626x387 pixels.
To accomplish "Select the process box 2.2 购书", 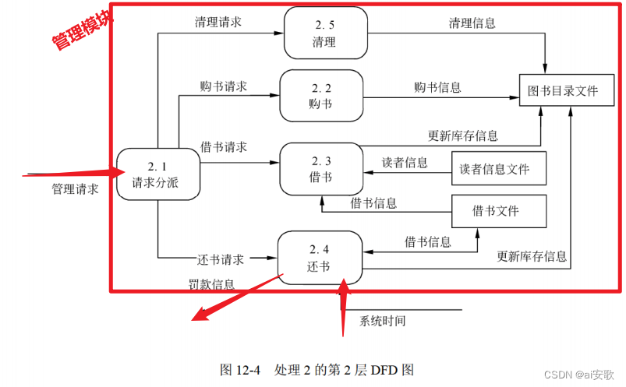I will pyautogui.click(x=321, y=95).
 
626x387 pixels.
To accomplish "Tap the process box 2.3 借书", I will pyautogui.click(x=321, y=168).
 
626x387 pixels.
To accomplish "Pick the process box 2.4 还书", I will pyautogui.click(x=320, y=257).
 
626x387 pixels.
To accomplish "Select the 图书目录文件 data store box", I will pyautogui.click(x=562, y=91).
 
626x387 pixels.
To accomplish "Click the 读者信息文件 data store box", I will pyautogui.click(x=499, y=169).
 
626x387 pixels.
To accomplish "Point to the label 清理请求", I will pyautogui.click(x=218, y=22).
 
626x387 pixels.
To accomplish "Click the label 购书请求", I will pyautogui.click(x=223, y=86).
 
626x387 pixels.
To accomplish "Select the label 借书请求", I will pyautogui.click(x=224, y=146).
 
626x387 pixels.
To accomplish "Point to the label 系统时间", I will pyautogui.click(x=382, y=320).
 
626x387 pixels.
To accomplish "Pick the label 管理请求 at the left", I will pyautogui.click(x=75, y=189).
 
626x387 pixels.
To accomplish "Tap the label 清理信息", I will pyautogui.click(x=472, y=23).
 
